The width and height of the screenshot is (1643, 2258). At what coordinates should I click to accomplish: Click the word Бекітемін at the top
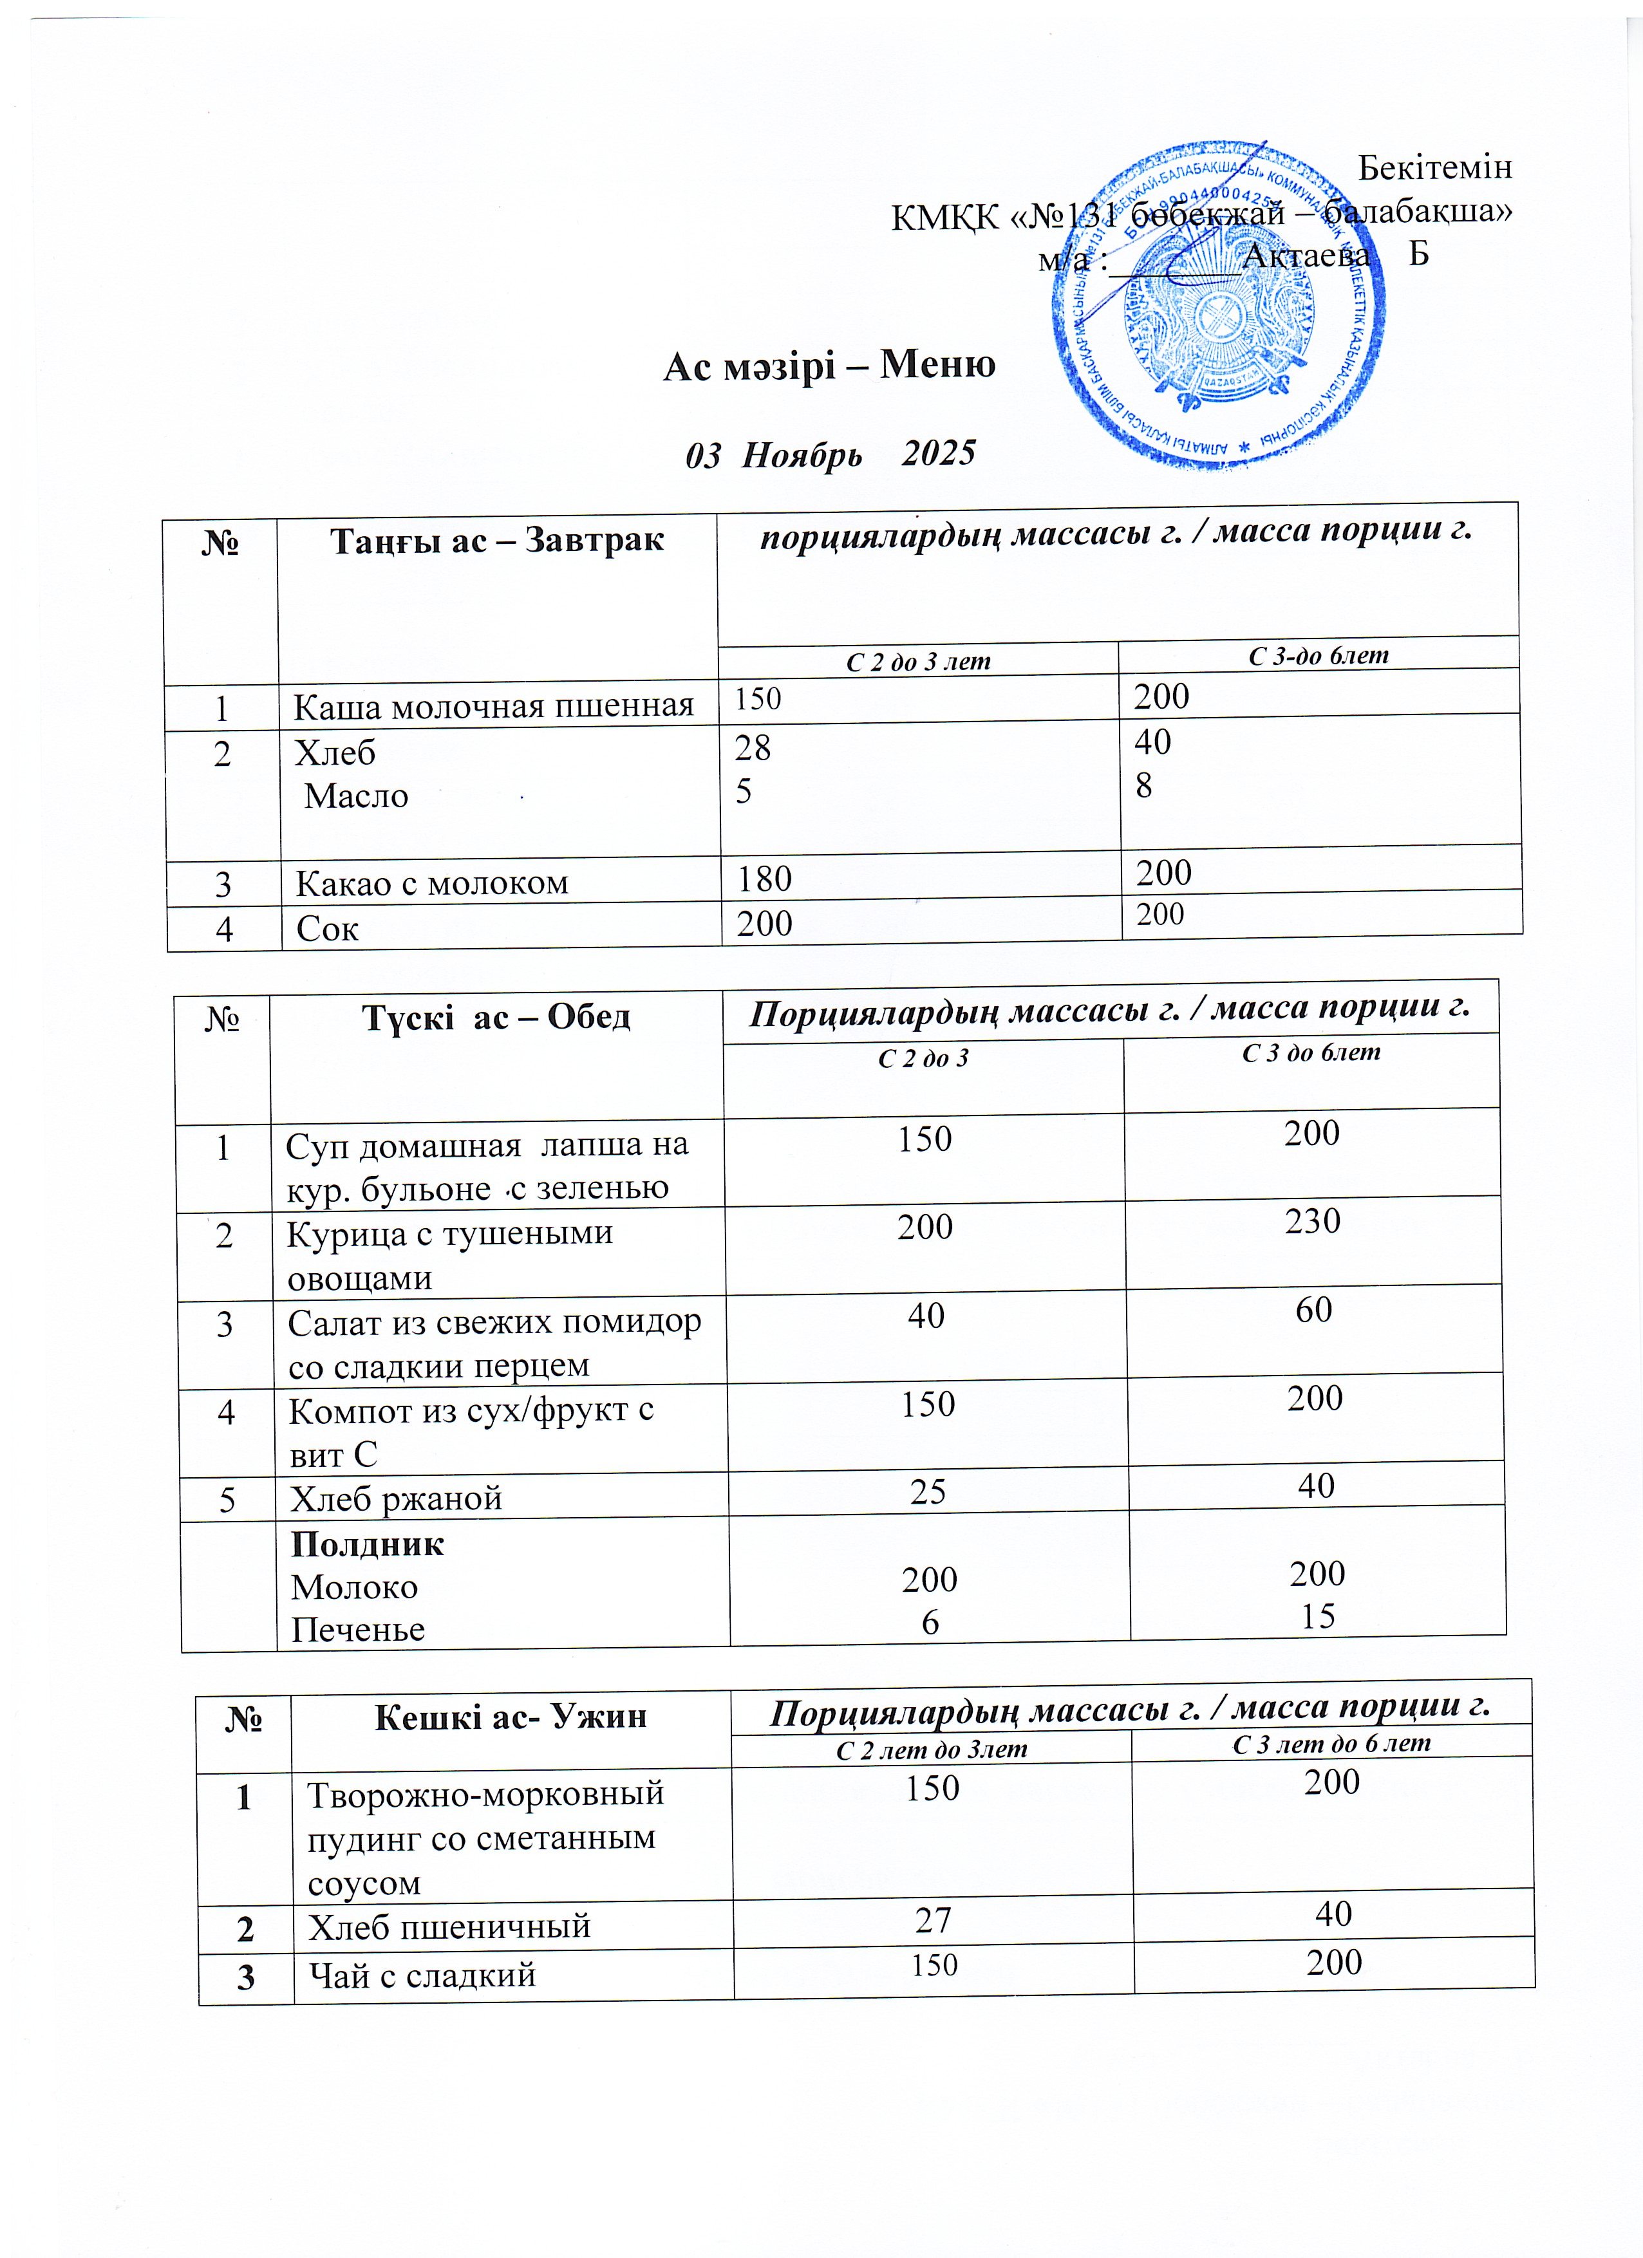tap(1434, 167)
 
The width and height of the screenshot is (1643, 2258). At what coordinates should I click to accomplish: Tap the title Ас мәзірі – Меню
tap(829, 366)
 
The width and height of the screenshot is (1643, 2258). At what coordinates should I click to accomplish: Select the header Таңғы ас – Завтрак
tap(497, 541)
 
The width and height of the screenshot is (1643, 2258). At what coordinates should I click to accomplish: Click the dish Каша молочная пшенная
tap(493, 706)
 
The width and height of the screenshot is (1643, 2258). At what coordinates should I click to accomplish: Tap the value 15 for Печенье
tap(1317, 1616)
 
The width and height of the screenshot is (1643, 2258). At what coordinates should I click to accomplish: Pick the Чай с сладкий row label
tap(422, 1974)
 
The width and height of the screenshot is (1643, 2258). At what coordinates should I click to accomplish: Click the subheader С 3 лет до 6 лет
tap(1331, 1743)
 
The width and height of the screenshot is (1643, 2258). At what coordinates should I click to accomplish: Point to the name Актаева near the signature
tap(1306, 257)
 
